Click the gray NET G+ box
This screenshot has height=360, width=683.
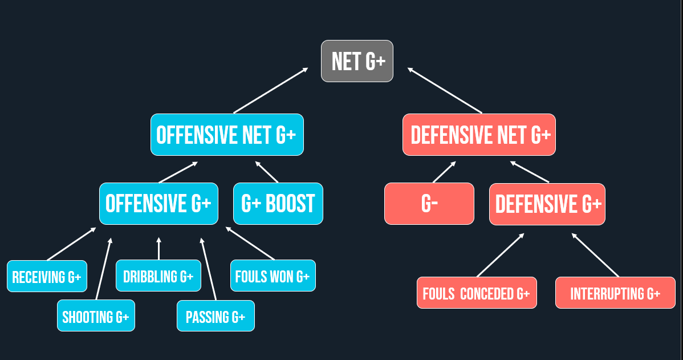point(357,61)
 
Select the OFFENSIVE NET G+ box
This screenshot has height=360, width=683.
point(227,135)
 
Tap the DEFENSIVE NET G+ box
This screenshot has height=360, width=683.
point(479,135)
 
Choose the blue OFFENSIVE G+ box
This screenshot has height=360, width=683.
point(158,204)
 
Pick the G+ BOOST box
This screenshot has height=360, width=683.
point(278,204)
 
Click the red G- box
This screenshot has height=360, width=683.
point(429,204)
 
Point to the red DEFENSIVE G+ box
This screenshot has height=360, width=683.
point(547,204)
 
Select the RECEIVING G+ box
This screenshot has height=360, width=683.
point(47,277)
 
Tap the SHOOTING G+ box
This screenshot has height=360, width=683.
point(96,315)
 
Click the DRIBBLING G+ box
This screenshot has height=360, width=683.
point(158,276)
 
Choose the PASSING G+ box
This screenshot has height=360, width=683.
point(216,316)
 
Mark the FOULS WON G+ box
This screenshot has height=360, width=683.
point(273,276)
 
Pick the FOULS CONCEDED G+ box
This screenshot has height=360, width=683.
point(477,293)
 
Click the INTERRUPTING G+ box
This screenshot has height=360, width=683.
point(615,293)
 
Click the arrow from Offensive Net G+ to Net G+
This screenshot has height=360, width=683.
point(270,91)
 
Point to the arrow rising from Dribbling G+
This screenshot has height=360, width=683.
point(159,249)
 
